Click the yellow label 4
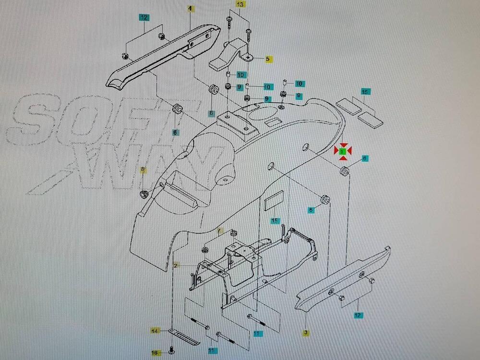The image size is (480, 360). coord(191,9)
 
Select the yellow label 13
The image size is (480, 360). coord(240,4)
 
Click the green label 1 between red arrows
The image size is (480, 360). coord(342,151)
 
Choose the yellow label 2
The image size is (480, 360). coord(176,265)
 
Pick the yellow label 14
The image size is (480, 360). coord(154,331)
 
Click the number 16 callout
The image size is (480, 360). coord(154,353)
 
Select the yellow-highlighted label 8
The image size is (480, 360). coord(143,169)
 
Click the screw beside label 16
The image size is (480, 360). coord(171,350)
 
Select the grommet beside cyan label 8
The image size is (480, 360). coord(344,170)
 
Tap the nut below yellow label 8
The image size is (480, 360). coord(144,194)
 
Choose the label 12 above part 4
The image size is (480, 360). coord(144,17)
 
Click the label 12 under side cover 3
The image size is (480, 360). coord(358,315)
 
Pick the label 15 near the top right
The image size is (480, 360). coord(365,91)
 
